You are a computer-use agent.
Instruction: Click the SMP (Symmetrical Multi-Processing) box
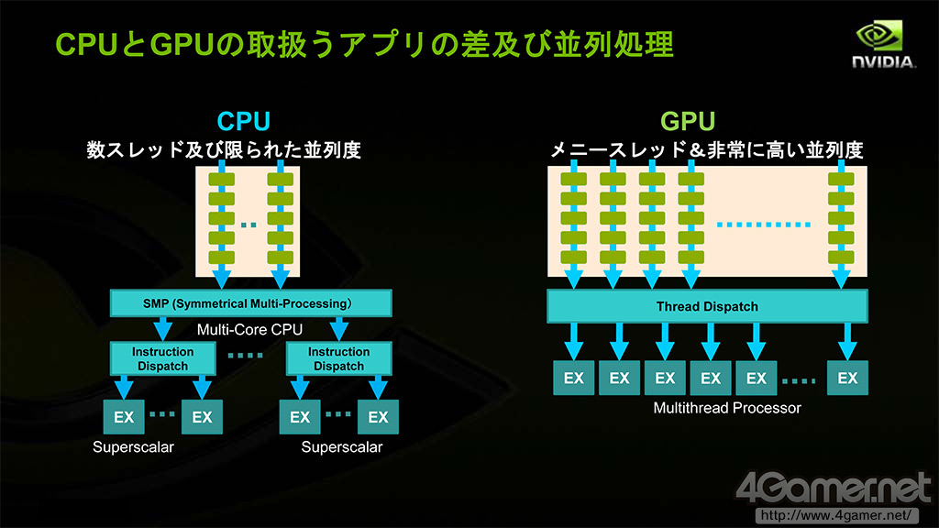pyautogui.click(x=250, y=302)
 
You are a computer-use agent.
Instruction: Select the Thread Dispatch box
pyautogui.click(x=707, y=306)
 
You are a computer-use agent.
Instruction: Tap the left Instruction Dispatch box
pyautogui.click(x=163, y=358)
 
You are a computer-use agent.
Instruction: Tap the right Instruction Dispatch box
pyautogui.click(x=339, y=358)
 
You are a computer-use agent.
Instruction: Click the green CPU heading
pyautogui.click(x=243, y=122)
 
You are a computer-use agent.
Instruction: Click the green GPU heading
pyautogui.click(x=688, y=122)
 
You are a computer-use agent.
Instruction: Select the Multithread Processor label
pyautogui.click(x=727, y=407)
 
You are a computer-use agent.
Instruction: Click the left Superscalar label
pyautogui.click(x=133, y=447)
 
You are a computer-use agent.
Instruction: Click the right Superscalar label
pyautogui.click(x=342, y=447)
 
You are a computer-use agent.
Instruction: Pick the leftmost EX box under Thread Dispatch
pyautogui.click(x=574, y=378)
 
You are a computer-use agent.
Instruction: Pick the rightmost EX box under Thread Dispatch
pyautogui.click(x=847, y=378)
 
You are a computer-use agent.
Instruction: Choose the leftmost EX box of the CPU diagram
pyautogui.click(x=124, y=417)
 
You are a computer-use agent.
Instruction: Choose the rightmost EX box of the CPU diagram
pyautogui.click(x=378, y=417)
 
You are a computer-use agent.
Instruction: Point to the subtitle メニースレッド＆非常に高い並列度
pyautogui.click(x=706, y=150)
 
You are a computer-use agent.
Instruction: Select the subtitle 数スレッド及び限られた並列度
pyautogui.click(x=224, y=149)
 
